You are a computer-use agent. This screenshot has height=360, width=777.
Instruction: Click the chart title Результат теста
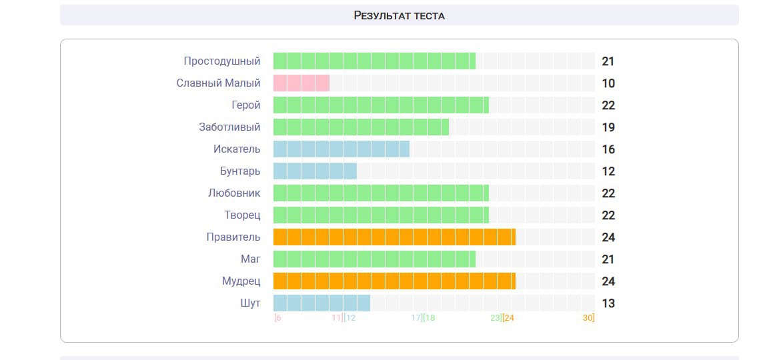399,15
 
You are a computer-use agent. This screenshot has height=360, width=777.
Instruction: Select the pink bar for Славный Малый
301,83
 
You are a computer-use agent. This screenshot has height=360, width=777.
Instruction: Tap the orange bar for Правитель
394,237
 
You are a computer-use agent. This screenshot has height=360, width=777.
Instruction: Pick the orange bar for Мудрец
394,281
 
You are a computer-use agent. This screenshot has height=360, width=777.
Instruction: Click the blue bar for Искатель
341,149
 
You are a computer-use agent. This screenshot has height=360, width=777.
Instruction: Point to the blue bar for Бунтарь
315,171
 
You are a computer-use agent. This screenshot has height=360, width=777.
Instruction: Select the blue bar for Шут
321,303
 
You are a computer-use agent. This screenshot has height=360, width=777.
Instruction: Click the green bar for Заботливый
361,127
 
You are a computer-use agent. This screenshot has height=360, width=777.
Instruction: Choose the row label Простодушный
222,61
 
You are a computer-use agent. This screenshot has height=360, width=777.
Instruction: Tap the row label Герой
246,105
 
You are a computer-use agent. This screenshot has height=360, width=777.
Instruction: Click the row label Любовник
234,193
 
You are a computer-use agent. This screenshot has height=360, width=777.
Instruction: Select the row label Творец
242,215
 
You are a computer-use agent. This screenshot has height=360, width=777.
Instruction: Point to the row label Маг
251,259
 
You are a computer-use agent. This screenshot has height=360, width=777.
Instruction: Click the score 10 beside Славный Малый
608,83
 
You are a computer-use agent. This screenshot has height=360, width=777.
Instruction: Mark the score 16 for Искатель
608,149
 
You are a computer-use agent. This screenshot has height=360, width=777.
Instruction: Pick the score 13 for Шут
608,303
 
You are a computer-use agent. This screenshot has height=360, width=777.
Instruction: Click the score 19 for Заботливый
608,127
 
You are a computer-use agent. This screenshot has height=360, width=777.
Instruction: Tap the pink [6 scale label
278,318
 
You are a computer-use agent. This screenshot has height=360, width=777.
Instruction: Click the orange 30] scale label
588,318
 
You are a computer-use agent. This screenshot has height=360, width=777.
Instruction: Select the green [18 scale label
429,318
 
